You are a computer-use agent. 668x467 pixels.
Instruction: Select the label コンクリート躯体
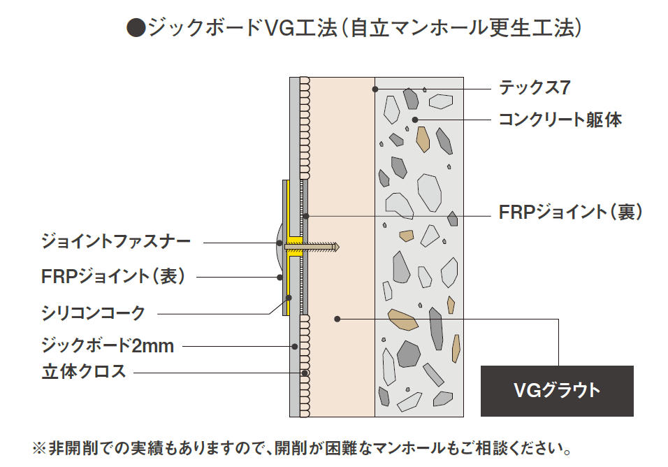click(x=560, y=120)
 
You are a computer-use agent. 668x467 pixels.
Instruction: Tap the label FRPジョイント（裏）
click(x=570, y=213)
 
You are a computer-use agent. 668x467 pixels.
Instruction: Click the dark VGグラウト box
click(x=556, y=390)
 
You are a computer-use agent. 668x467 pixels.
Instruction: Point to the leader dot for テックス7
click(x=375, y=89)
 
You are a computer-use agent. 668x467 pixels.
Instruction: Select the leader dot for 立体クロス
click(x=305, y=373)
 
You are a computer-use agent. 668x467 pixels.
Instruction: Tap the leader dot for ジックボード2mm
click(x=295, y=345)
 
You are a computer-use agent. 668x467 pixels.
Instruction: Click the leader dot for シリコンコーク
click(x=288, y=296)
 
